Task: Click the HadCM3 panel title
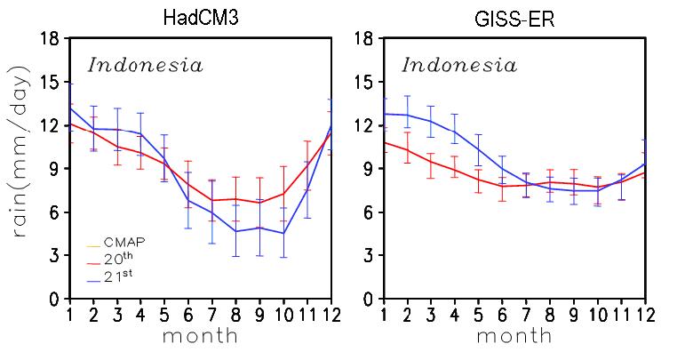click(x=201, y=18)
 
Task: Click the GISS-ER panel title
click(x=514, y=20)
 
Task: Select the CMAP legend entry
click(x=116, y=243)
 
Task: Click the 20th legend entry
click(x=111, y=259)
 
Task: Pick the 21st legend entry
click(x=110, y=276)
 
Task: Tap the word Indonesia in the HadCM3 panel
click(x=145, y=65)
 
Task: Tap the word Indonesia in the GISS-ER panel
click(x=459, y=65)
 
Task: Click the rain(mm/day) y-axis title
click(x=21, y=151)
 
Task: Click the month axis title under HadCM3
click(x=200, y=336)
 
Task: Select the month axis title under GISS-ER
click(x=514, y=336)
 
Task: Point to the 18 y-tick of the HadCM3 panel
click(x=50, y=39)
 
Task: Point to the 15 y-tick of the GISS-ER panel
click(x=363, y=82)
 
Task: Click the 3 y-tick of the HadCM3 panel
click(x=54, y=255)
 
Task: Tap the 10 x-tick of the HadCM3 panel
click(x=283, y=315)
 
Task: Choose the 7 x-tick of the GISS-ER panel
click(x=526, y=315)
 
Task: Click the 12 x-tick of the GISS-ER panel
click(x=645, y=315)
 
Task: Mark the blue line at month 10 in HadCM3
click(x=283, y=234)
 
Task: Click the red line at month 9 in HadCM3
click(x=259, y=203)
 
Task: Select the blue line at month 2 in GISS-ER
click(x=407, y=115)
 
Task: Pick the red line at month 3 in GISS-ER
click(x=431, y=162)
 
